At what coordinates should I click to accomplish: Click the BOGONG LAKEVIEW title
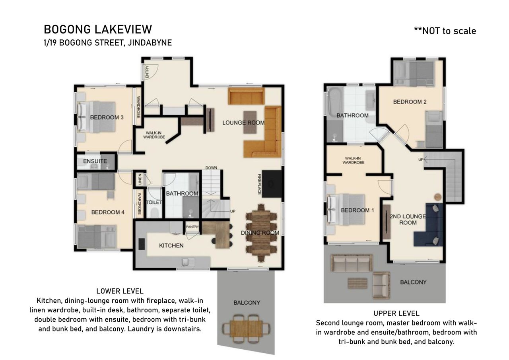[98, 29]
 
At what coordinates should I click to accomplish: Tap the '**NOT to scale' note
[445, 31]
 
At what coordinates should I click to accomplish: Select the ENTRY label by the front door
[147, 72]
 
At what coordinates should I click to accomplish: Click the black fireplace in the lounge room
[272, 184]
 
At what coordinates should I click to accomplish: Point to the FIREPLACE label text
[259, 184]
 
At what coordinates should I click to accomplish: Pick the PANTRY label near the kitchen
[192, 227]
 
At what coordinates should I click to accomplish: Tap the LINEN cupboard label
[140, 179]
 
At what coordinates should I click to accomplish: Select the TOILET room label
[154, 202]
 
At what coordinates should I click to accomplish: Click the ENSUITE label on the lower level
[95, 161]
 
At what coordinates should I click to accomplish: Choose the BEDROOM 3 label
[107, 117]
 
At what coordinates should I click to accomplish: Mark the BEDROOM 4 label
[108, 212]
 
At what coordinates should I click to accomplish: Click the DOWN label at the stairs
[211, 168]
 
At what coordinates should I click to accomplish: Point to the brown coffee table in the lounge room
[250, 122]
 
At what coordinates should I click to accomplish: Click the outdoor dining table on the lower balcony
[246, 329]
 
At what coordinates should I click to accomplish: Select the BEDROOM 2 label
[410, 102]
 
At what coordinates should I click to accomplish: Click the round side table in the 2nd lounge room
[438, 197]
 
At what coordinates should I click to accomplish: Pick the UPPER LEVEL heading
[396, 313]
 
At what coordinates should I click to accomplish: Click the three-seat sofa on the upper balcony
[352, 263]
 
